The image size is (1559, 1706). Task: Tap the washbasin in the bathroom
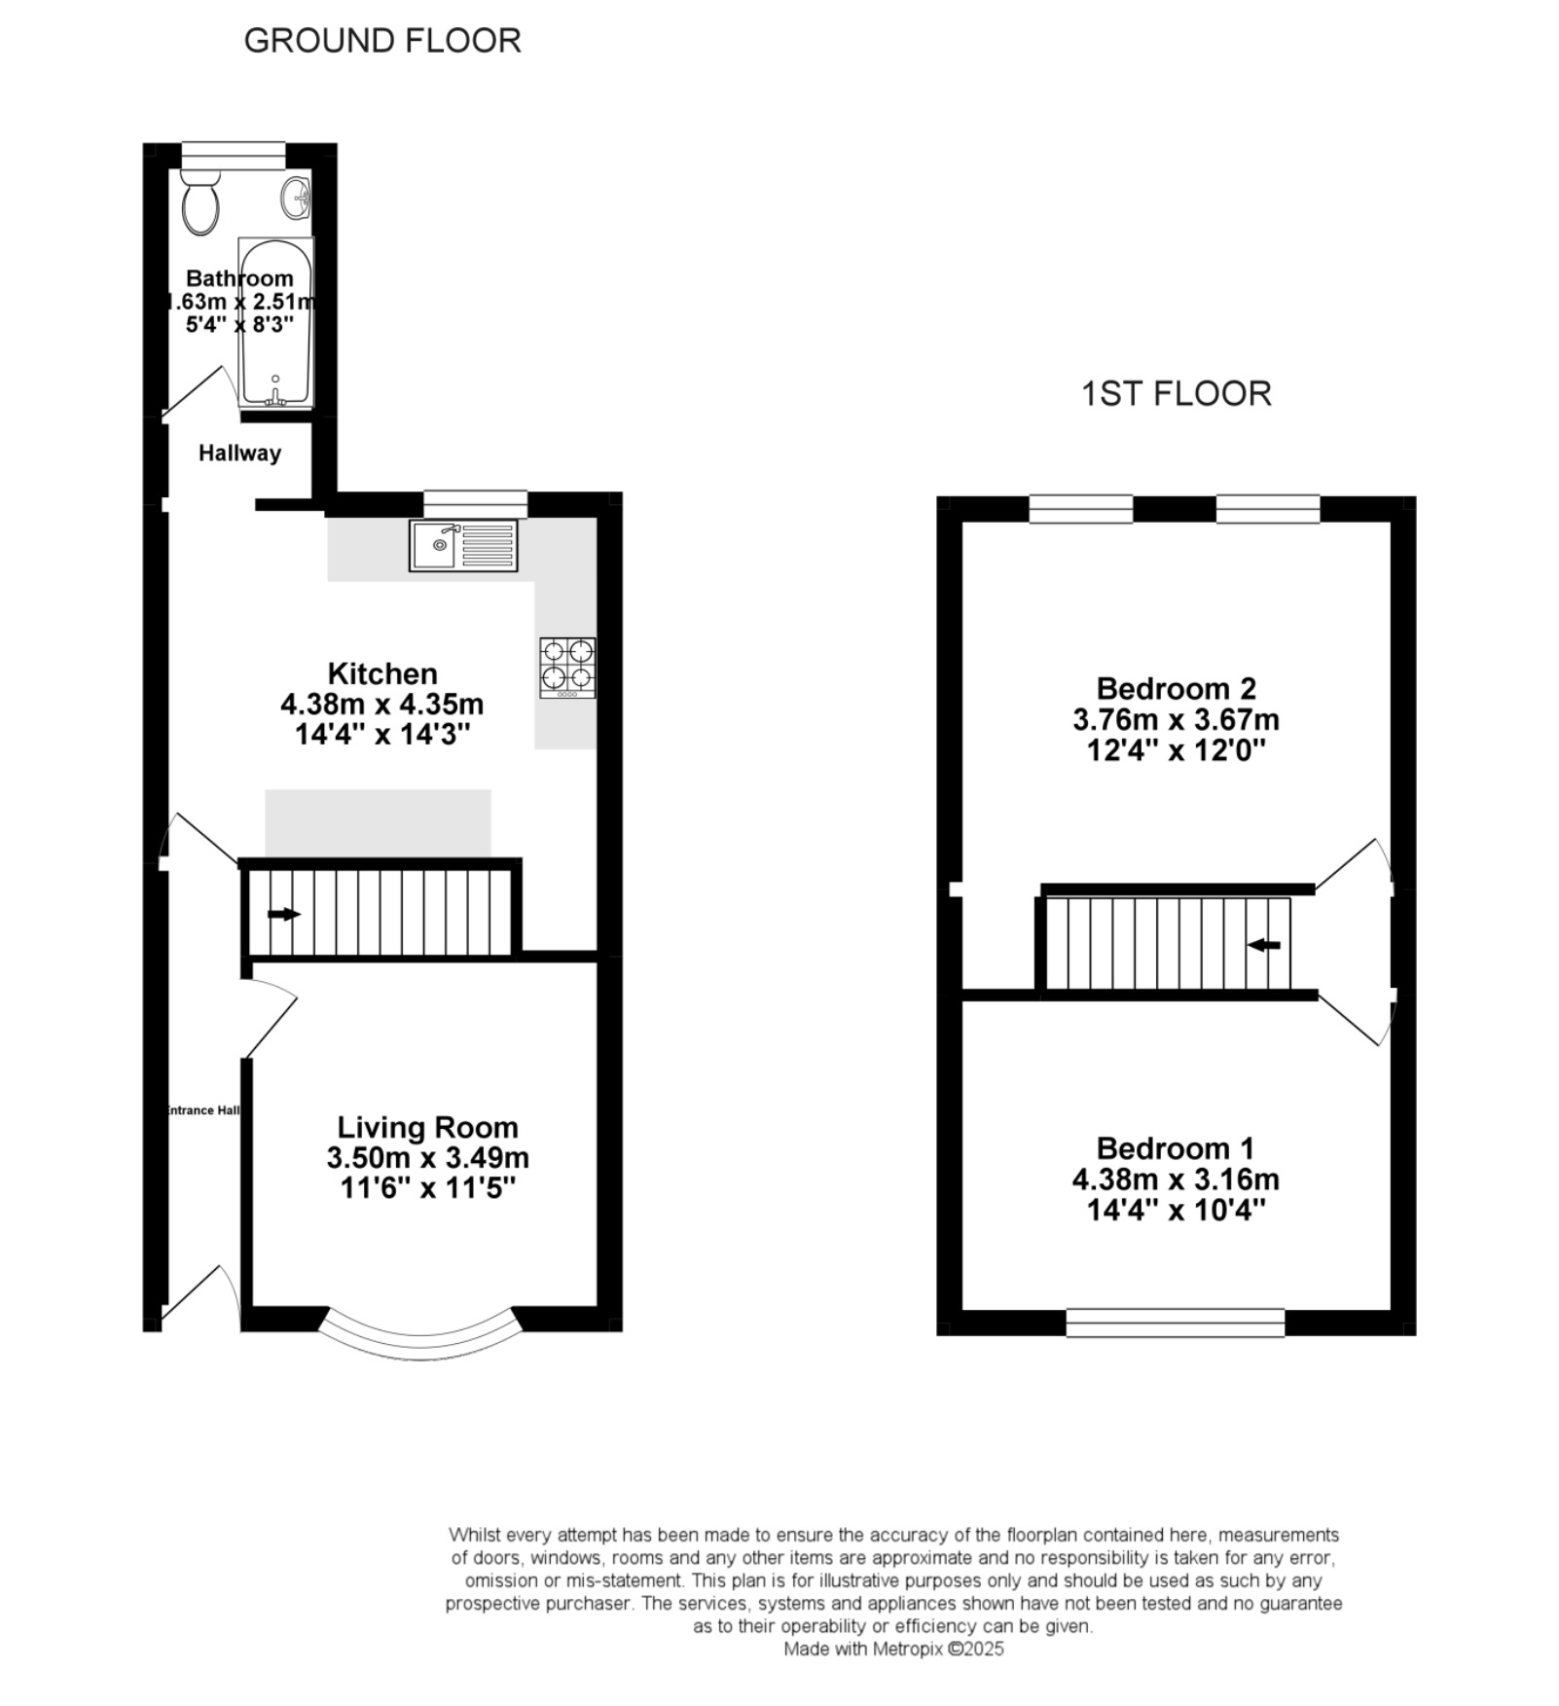pyautogui.click(x=296, y=199)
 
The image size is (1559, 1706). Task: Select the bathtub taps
pyautogui.click(x=276, y=395)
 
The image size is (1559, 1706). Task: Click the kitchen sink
pyautogui.click(x=462, y=545)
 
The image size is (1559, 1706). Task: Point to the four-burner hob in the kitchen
pyautogui.click(x=568, y=668)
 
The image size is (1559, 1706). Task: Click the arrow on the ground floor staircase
pyautogui.click(x=284, y=914)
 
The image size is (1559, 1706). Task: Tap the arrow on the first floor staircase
pyautogui.click(x=1263, y=945)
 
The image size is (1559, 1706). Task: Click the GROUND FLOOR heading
pyautogui.click(x=382, y=41)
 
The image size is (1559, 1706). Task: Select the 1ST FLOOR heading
pyautogui.click(x=1177, y=394)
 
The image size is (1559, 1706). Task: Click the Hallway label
pyautogui.click(x=239, y=453)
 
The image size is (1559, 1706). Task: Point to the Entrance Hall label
pyautogui.click(x=203, y=1110)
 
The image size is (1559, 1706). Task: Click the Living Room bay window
pyautogui.click(x=419, y=1342)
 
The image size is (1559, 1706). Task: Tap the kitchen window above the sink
pyautogui.click(x=476, y=504)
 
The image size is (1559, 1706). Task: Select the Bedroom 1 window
pyautogui.click(x=1176, y=1323)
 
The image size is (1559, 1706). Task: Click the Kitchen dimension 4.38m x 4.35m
pyautogui.click(x=381, y=704)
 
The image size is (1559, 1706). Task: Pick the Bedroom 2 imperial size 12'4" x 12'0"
pyautogui.click(x=1177, y=750)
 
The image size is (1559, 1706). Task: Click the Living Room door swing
pyautogui.click(x=270, y=1018)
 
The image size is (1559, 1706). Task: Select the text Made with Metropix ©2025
pyautogui.click(x=893, y=1649)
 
